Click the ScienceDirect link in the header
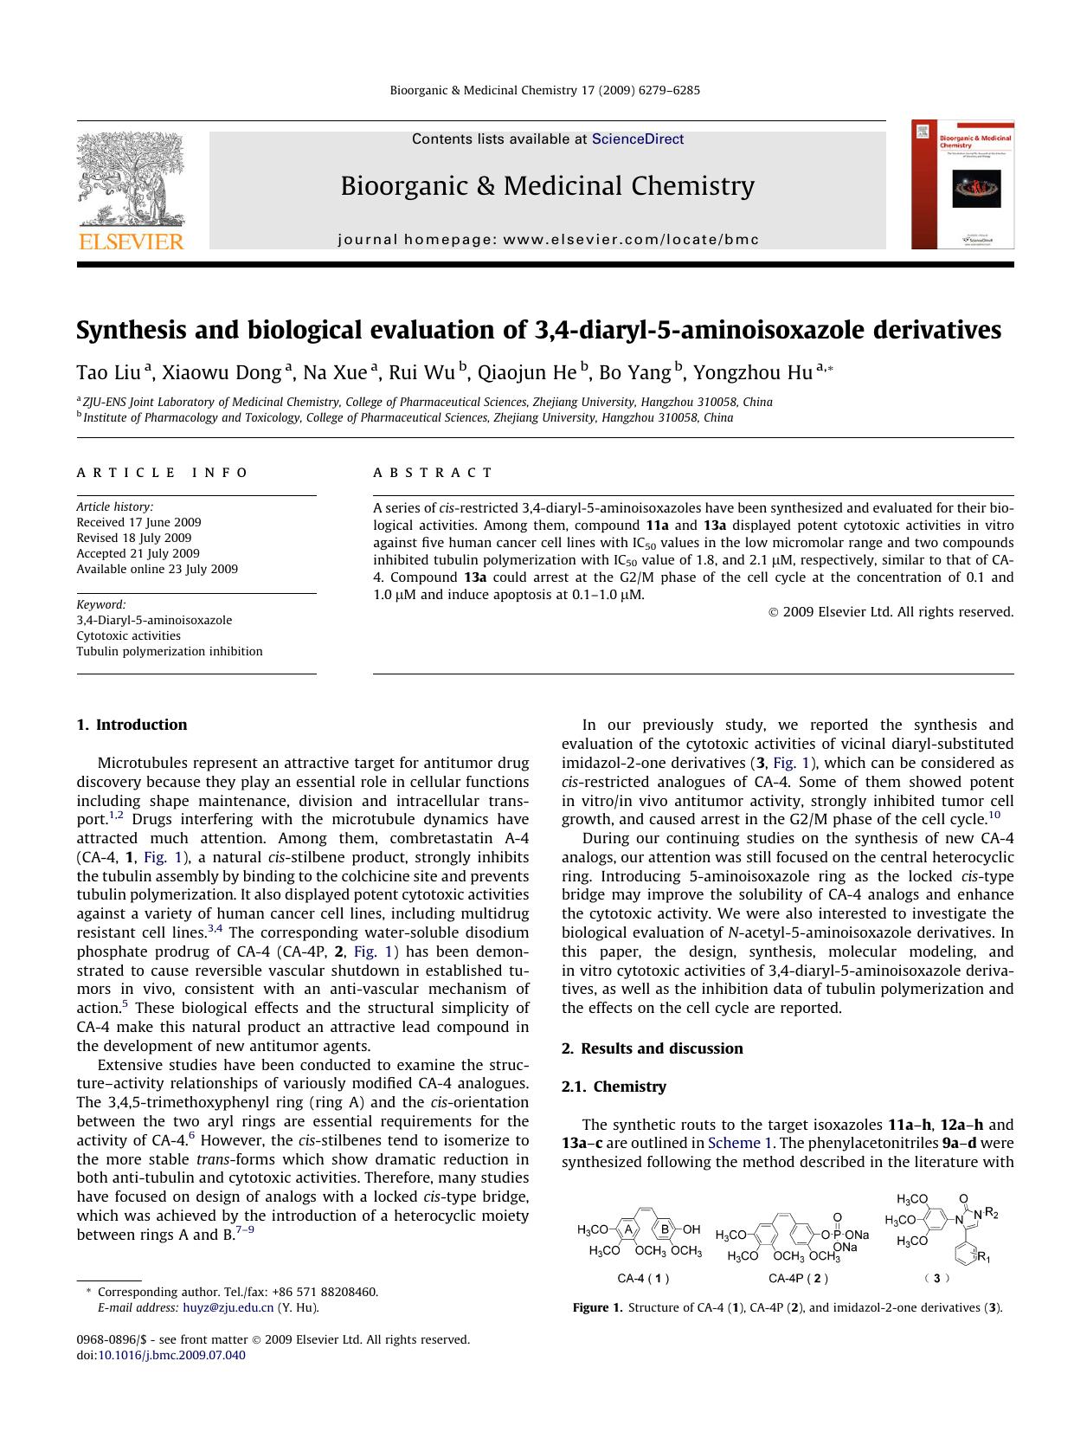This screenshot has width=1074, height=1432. (x=637, y=139)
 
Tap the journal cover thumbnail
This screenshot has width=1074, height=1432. (x=962, y=184)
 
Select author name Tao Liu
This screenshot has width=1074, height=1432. (x=108, y=372)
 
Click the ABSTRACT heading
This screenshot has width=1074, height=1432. (x=433, y=473)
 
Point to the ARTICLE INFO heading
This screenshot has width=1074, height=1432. (x=162, y=473)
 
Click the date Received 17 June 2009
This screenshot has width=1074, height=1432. (x=138, y=522)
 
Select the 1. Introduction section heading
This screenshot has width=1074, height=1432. (x=132, y=725)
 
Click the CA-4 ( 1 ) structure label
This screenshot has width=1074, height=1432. (x=642, y=1278)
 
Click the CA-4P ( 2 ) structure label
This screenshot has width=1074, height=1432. (x=798, y=1278)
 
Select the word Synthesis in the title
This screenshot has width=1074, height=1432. (x=131, y=330)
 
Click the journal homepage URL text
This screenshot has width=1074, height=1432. (x=548, y=239)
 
